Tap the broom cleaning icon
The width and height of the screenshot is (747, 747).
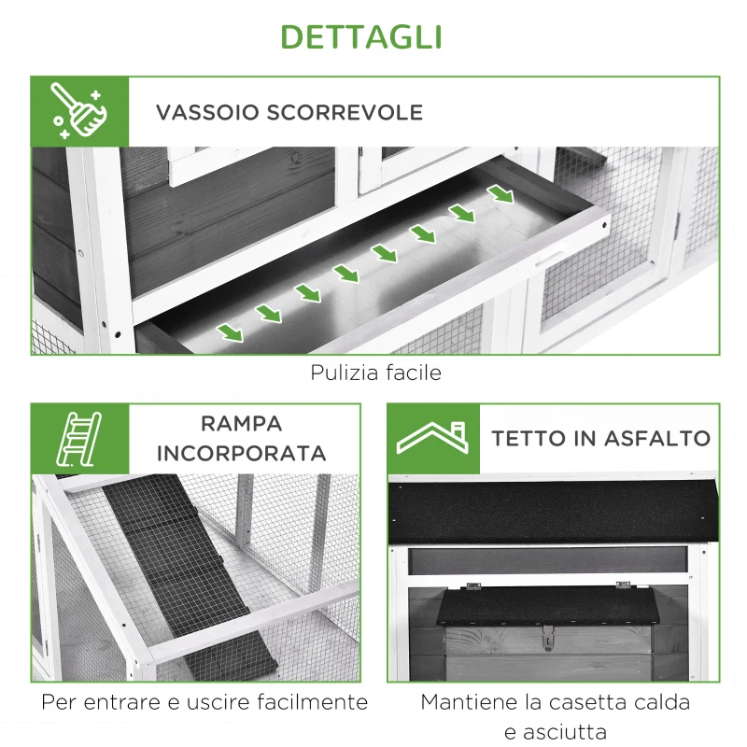[78, 111]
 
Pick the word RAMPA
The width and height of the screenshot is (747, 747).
[241, 423]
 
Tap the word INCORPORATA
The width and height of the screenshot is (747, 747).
[241, 454]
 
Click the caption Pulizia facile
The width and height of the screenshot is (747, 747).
[375, 373]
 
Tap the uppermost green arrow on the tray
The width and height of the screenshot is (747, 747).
[501, 194]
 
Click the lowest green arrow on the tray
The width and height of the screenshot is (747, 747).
[230, 331]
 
